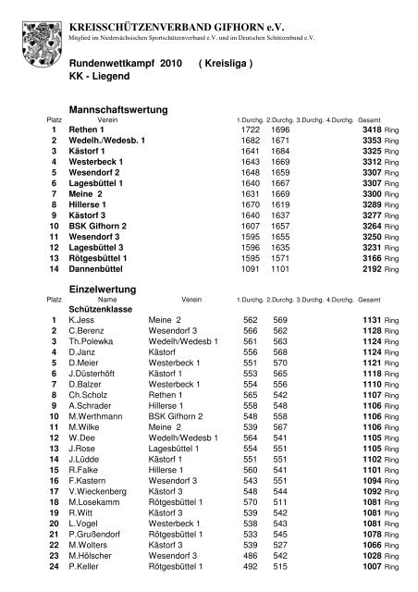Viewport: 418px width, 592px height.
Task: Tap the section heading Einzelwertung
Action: point(104,290)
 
